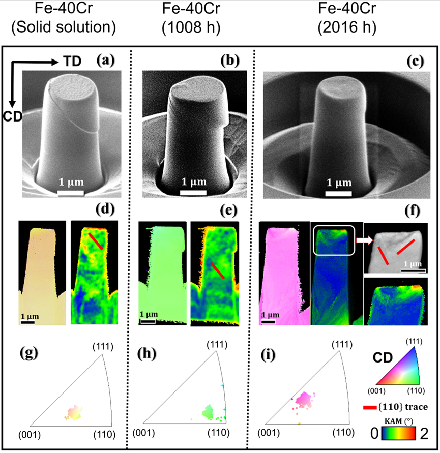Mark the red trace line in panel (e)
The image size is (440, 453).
coord(217,270)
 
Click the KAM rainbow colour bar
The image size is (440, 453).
coord(399,432)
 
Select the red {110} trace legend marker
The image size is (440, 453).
coord(370,407)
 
